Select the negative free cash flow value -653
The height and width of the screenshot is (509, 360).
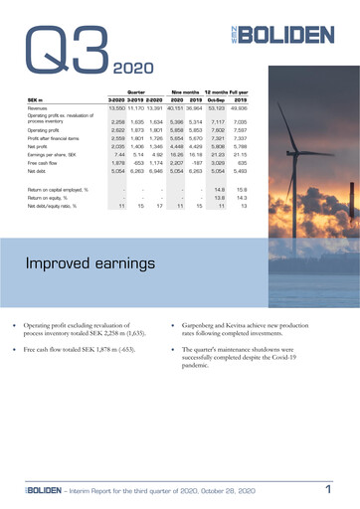tap(139, 164)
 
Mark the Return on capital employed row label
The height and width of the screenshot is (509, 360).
tap(60, 188)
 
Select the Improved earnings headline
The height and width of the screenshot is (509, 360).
tap(90, 265)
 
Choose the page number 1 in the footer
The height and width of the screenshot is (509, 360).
tap(328, 490)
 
